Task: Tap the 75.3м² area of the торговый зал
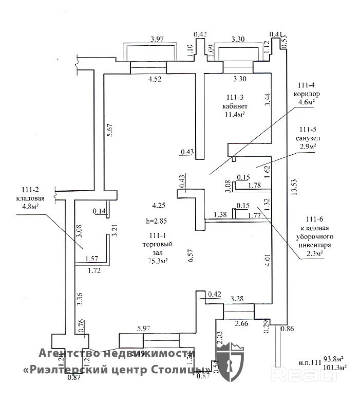158,260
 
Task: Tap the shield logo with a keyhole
230,364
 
